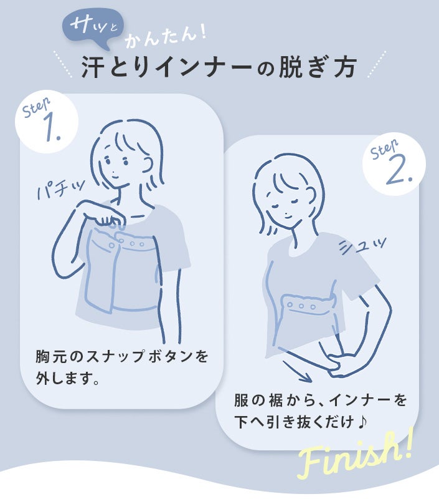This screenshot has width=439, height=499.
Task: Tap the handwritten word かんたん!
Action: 166,37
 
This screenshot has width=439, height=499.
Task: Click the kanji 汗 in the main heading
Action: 93,67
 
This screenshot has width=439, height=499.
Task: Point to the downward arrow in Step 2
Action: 297,371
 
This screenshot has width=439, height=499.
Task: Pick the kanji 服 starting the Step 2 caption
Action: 242,400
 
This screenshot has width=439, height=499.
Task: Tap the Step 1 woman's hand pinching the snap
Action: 104,215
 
